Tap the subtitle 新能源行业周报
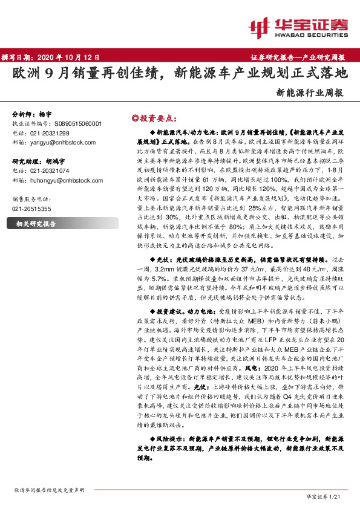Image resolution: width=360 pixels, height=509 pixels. coord(309,93)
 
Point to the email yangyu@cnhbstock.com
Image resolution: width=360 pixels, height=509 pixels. coord(61,141)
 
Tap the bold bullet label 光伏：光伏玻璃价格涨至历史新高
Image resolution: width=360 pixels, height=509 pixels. coord(206,256)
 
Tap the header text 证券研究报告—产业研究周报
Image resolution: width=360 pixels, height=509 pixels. coord(298,57)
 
